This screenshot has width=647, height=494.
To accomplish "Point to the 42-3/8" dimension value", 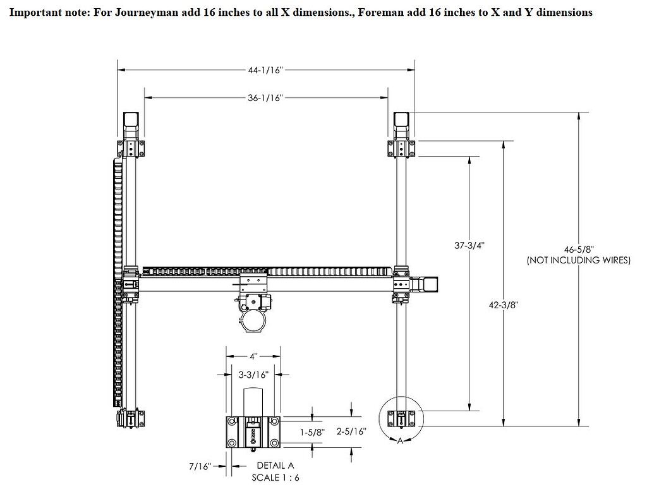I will click(504, 304).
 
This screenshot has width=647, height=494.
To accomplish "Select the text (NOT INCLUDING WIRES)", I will click(579, 260).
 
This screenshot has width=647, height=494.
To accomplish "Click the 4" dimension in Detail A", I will click(253, 356).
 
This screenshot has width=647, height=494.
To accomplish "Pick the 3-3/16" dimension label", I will click(253, 375).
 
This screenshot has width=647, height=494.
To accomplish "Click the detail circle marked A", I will click(401, 418).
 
